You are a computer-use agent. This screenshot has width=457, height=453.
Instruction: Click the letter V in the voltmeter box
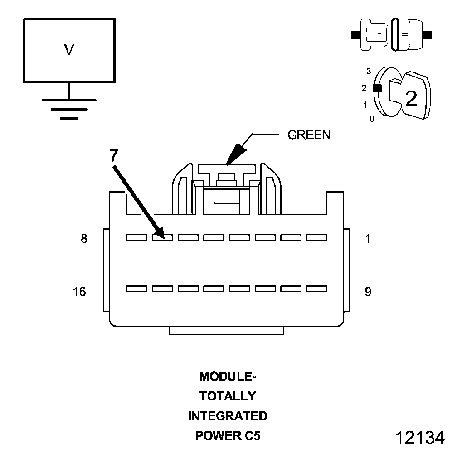click(69, 50)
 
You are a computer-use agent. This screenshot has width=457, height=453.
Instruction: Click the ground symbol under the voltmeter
click(69, 108)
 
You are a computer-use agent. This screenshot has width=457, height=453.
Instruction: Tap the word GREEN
click(309, 135)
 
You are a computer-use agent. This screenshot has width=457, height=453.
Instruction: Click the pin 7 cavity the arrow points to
click(162, 237)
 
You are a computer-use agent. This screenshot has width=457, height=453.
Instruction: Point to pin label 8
click(84, 239)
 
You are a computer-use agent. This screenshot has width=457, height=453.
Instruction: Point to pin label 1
click(368, 239)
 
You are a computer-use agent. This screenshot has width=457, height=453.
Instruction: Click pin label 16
click(79, 292)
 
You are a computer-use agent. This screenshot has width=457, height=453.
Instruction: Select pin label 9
click(368, 292)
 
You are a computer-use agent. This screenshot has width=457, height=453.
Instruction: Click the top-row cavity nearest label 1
click(317, 237)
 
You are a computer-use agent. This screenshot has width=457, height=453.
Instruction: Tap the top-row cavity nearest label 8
click(136, 237)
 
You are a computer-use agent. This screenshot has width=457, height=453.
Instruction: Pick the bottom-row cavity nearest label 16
click(136, 289)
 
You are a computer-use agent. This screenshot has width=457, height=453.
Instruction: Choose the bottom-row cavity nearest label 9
click(317, 289)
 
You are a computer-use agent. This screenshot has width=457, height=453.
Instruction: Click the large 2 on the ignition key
click(411, 99)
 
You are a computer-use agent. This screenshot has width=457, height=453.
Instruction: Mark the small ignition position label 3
click(369, 71)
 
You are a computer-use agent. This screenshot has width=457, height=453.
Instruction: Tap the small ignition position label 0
click(372, 120)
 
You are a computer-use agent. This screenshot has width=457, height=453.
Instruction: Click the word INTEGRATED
click(228, 416)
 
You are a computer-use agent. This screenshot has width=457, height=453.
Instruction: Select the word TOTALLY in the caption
click(228, 396)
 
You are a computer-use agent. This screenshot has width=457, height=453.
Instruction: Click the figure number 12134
click(419, 438)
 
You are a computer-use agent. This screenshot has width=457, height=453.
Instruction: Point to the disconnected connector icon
click(392, 34)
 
